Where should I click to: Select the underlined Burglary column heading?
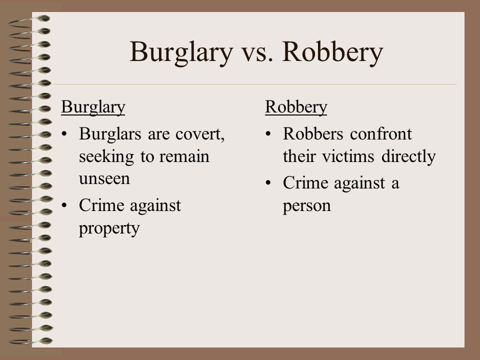(x=93, y=107)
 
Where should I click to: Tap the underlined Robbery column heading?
(x=296, y=107)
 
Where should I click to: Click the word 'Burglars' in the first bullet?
(x=110, y=134)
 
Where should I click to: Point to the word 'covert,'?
(x=200, y=134)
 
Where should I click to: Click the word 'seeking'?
(x=106, y=157)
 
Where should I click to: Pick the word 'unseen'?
(x=104, y=179)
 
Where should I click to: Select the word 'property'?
(x=109, y=228)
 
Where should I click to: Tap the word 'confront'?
(x=381, y=134)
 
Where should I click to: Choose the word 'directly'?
(x=408, y=157)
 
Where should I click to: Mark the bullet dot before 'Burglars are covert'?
(x=64, y=134)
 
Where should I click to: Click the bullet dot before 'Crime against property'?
(x=64, y=205)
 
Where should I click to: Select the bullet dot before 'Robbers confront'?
(x=268, y=134)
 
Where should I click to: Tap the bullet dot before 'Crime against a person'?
(x=268, y=183)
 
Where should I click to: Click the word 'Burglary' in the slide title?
(x=181, y=52)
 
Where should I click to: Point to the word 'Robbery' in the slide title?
(x=332, y=52)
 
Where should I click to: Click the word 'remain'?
(x=184, y=156)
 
